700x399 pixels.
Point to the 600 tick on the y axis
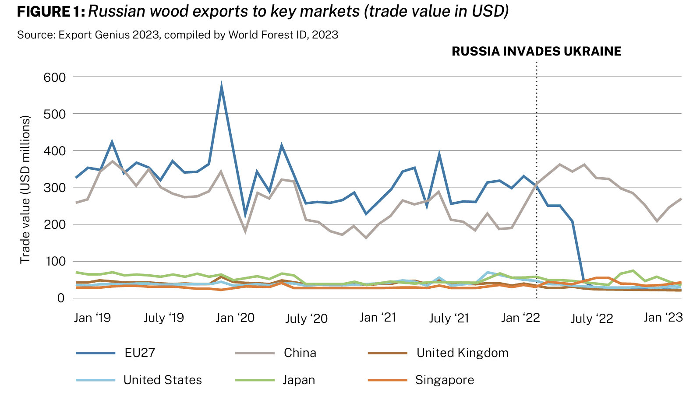[55, 77]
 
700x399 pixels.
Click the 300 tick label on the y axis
[55, 188]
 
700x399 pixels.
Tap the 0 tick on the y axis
[60, 298]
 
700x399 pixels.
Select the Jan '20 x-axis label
[235, 318]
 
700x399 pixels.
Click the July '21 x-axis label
[449, 318]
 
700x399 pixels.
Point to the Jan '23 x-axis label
[663, 317]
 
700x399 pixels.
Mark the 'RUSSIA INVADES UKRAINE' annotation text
[536, 51]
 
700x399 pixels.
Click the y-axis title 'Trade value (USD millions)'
[25, 189]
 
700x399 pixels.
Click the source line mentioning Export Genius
[177, 35]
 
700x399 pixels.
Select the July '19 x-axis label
[164, 318]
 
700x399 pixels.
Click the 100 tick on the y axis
[55, 262]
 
